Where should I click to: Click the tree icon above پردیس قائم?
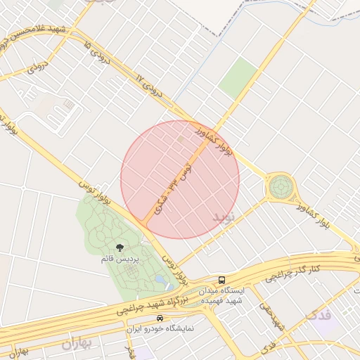[x=120, y=247]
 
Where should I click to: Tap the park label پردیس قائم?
[x=120, y=259]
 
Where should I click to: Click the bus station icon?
[x=222, y=280]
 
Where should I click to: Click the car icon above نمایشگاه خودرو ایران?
[x=160, y=318]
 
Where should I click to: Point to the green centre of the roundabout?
[x=281, y=187]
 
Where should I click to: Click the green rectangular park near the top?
[x=238, y=77]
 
